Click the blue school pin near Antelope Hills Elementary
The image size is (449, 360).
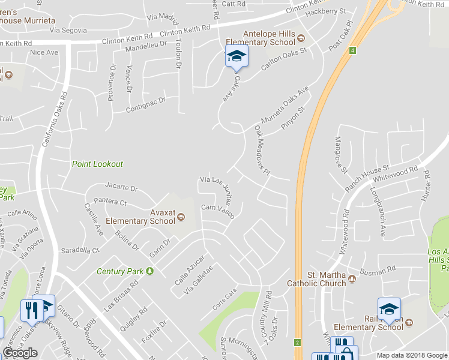point(237,58)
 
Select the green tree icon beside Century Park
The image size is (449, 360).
point(149,271)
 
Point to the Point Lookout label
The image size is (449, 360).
point(97,164)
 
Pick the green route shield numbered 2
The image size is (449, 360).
point(297,343)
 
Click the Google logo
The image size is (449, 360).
point(20,353)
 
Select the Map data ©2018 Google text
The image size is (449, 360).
point(412,355)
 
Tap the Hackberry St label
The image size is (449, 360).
point(326,12)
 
